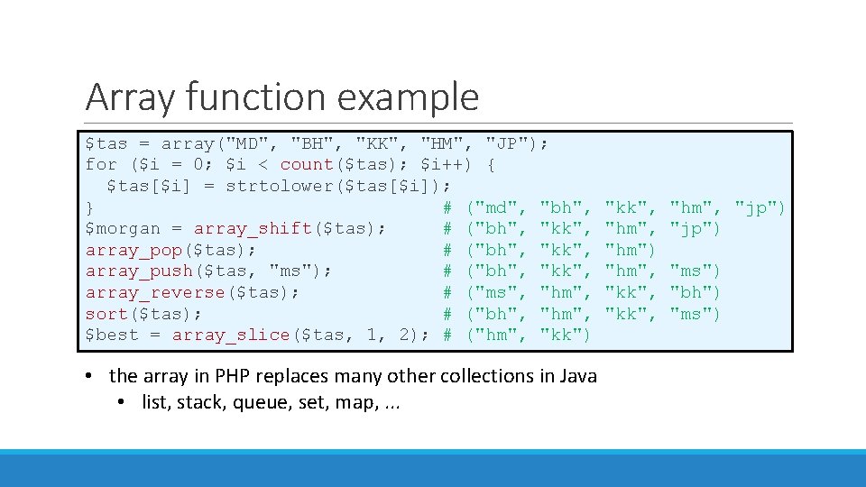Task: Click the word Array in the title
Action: pos(124,97)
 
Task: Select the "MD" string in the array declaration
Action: pos(247,143)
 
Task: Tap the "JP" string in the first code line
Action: pos(507,143)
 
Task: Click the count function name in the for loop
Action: pos(307,165)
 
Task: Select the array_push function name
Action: pos(139,271)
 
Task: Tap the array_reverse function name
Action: pos(155,292)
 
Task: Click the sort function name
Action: pos(106,314)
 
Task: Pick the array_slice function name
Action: pos(231,335)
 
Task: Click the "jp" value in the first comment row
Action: pos(756,208)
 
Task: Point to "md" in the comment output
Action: pos(496,208)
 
